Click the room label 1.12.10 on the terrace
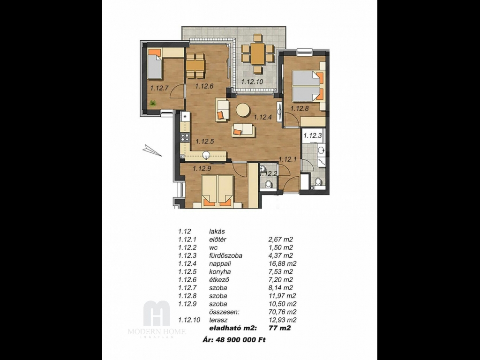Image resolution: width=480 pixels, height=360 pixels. [x=252, y=82]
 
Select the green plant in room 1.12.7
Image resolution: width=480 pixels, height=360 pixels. [x=152, y=104]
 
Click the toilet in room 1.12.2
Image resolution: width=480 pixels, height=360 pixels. [x=269, y=184]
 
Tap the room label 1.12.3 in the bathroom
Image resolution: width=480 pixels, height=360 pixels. [x=312, y=135]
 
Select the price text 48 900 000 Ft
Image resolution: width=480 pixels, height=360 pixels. [x=241, y=339]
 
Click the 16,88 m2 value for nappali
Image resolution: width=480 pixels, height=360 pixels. [x=282, y=263]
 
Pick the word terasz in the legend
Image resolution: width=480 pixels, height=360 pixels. [x=218, y=320]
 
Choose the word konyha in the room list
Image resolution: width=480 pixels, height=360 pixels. [x=220, y=272]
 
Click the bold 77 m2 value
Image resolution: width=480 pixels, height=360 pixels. [x=279, y=328]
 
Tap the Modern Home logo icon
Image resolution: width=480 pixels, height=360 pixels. [x=157, y=313]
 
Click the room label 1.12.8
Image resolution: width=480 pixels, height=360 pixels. [x=300, y=108]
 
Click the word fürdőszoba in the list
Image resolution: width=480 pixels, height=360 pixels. [x=225, y=255]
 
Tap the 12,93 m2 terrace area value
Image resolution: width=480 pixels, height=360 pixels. [x=282, y=320]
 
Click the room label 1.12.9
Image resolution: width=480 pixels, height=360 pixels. [x=202, y=168]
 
